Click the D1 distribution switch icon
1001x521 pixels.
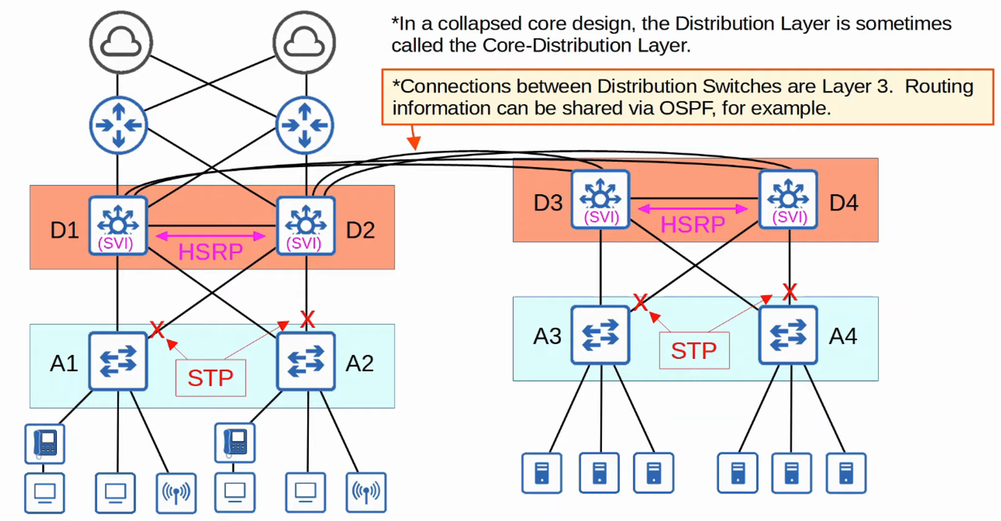coord(118,225)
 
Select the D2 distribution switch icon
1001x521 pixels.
coord(306,225)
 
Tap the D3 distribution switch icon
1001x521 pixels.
coord(600,199)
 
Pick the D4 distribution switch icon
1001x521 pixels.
coord(788,199)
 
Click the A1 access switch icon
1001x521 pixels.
coord(118,361)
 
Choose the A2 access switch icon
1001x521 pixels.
coord(306,361)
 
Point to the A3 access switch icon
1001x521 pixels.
coord(600,334)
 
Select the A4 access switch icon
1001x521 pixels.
coord(788,334)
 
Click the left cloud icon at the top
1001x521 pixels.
coord(121,42)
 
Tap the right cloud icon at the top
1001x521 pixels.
coord(304,42)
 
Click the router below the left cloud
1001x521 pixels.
coord(118,125)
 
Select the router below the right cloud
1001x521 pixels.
coord(305,125)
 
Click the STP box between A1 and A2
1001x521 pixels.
coord(211,378)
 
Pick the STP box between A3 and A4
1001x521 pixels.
coord(694,350)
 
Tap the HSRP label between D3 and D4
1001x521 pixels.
coord(693,224)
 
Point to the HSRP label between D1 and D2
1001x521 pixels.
coord(210,251)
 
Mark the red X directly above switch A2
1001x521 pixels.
coord(307,319)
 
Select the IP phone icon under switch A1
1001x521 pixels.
coord(45,443)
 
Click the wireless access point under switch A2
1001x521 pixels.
coord(366,492)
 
